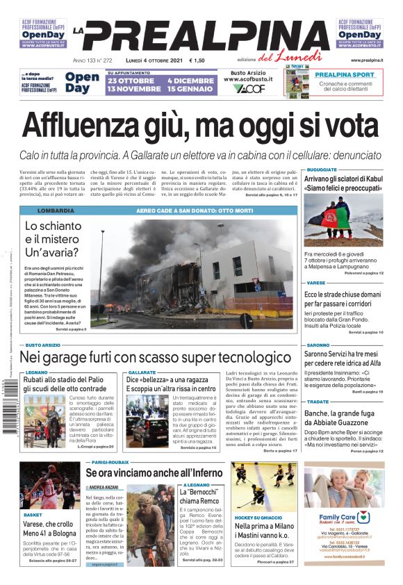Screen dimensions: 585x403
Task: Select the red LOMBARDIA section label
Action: click(x=56, y=211)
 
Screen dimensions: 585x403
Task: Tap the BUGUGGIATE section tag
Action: click(x=322, y=170)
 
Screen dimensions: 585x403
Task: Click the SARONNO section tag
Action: click(x=318, y=345)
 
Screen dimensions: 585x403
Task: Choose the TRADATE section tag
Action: click(x=318, y=402)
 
